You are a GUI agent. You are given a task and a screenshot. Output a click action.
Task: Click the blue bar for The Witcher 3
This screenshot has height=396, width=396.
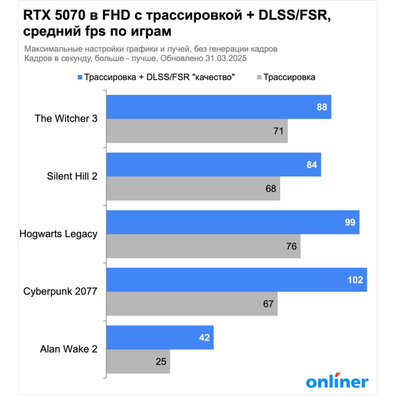[x=218, y=107]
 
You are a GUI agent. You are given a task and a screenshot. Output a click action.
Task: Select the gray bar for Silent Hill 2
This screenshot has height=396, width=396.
[x=193, y=189]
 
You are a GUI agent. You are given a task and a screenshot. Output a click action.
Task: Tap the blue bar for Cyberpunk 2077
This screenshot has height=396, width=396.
[x=236, y=280]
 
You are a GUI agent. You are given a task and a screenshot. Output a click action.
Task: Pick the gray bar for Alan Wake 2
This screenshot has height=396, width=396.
[x=138, y=361]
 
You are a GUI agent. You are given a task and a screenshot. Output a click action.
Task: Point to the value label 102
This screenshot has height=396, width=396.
[x=355, y=280]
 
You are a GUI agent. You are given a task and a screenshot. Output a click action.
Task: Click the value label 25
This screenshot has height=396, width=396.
[x=161, y=361]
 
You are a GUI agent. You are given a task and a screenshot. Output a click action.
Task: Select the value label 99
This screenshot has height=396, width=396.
[x=350, y=222]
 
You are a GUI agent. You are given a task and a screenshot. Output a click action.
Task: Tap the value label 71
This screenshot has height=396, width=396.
[x=278, y=131]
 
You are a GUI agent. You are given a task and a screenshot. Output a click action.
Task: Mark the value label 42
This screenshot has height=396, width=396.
[x=204, y=338]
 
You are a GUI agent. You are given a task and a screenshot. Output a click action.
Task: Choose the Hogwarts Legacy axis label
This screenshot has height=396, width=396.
[x=58, y=234]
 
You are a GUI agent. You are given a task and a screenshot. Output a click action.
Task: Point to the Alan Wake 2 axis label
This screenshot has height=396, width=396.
[x=68, y=349]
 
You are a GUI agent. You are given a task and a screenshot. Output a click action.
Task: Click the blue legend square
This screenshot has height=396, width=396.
[x=80, y=77]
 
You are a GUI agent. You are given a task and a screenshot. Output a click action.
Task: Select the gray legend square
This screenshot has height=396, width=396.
[x=258, y=77]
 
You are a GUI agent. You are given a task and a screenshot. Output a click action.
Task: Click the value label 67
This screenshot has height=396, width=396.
[x=268, y=304]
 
